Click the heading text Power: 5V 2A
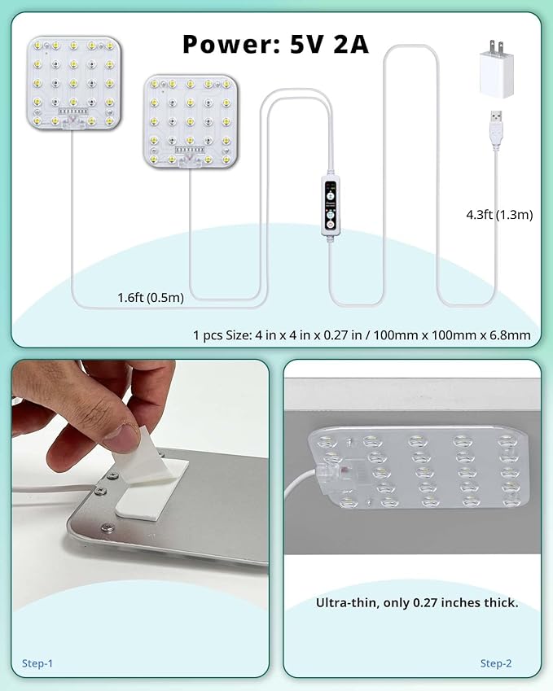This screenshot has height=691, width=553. pyautogui.click(x=275, y=43)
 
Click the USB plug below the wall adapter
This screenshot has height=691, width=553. pyautogui.click(x=496, y=128)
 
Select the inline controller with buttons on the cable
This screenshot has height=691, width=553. pyautogui.click(x=330, y=207)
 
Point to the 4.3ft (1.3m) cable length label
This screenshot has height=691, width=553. pyautogui.click(x=498, y=215)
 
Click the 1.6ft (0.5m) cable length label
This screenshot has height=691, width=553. pyautogui.click(x=151, y=297)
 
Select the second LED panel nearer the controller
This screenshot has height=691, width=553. pyautogui.click(x=191, y=122)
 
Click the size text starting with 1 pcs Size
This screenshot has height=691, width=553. pyautogui.click(x=362, y=335)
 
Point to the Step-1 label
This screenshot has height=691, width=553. pyautogui.click(x=37, y=663)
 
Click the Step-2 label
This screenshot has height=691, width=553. pyautogui.click(x=496, y=663)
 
